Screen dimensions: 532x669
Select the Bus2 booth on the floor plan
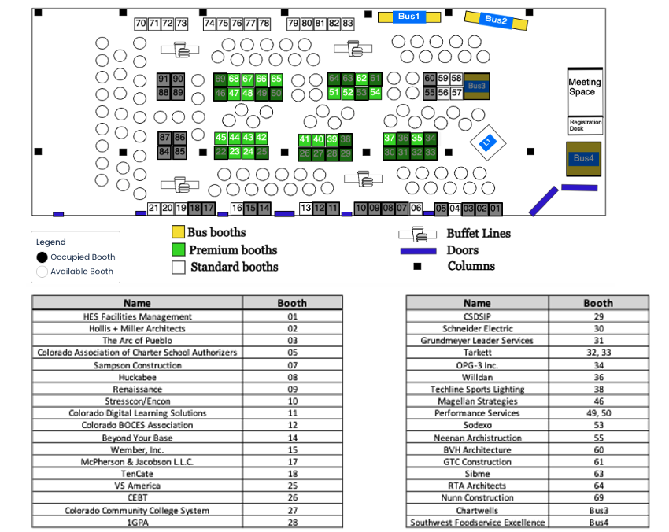[x=496, y=20]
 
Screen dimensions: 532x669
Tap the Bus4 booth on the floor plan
[x=583, y=158]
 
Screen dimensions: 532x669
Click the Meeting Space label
[x=585, y=87]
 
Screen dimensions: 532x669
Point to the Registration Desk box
[x=585, y=125]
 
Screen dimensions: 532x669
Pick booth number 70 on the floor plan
[x=141, y=24]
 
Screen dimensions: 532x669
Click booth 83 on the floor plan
[x=347, y=24]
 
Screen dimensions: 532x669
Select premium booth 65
[x=276, y=79]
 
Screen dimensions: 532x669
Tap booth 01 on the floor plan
[x=495, y=209]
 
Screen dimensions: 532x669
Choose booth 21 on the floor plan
[x=153, y=209]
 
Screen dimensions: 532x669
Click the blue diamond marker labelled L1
[x=487, y=142]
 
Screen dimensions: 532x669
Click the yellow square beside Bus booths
[x=179, y=232]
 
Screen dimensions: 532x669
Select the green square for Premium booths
[x=179, y=249]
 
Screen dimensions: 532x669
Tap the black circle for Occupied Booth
[x=42, y=257]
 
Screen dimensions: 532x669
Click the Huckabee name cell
[x=138, y=377]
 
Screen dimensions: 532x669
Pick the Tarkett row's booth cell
[x=598, y=353]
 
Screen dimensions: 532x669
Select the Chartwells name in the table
[x=477, y=510]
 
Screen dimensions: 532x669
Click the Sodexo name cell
[x=477, y=426]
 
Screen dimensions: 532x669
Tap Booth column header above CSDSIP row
[x=598, y=303]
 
